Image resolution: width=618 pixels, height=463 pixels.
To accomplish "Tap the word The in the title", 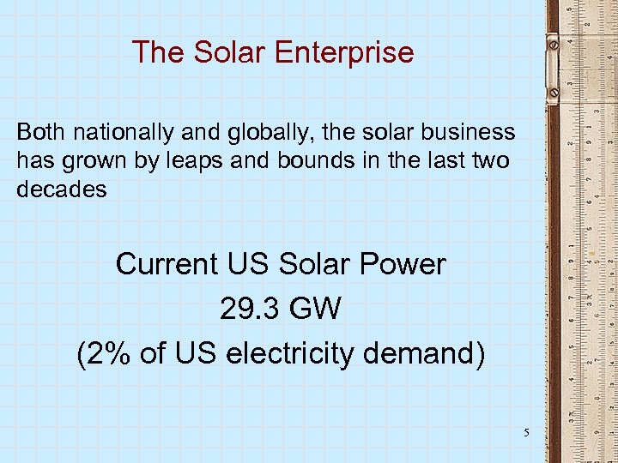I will [159, 53].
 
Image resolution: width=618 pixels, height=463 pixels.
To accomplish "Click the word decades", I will [62, 189].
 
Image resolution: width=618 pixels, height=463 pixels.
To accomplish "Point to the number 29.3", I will [244, 309].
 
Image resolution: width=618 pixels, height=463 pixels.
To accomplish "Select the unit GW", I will [315, 309].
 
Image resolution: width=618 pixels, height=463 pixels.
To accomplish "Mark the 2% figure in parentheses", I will [109, 353].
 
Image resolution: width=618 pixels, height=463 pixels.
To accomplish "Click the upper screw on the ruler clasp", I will [554, 42].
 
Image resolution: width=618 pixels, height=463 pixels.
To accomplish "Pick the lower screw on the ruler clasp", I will [554, 91].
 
